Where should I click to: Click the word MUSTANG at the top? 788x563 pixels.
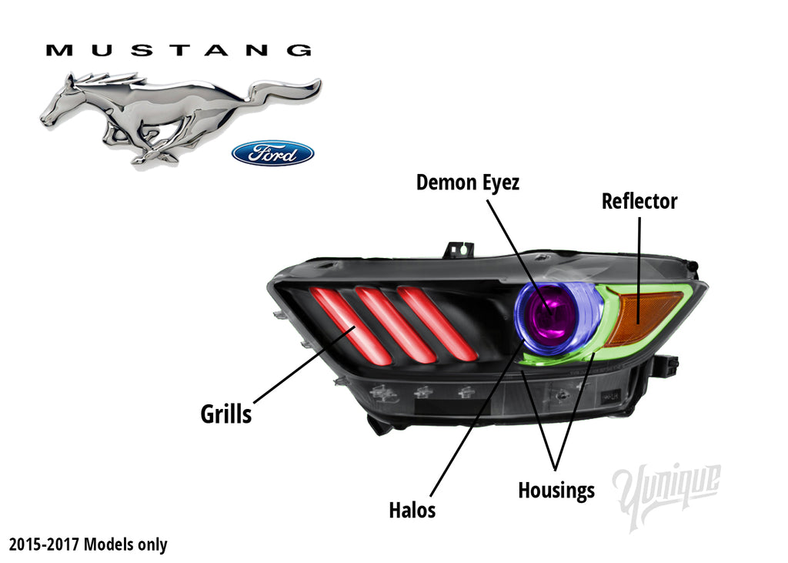click(x=179, y=51)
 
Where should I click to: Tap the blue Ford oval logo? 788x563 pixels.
click(x=272, y=152)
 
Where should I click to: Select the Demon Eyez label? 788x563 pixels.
click(x=467, y=183)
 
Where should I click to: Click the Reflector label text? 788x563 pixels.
click(x=639, y=202)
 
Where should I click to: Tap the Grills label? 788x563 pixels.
click(x=225, y=414)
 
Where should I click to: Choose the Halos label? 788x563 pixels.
click(x=412, y=510)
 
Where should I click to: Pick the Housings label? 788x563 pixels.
click(x=556, y=490)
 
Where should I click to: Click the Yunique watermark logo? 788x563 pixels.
click(x=666, y=493)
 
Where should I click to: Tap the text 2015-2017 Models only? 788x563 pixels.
click(x=88, y=545)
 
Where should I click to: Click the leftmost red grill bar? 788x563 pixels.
click(x=341, y=324)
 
